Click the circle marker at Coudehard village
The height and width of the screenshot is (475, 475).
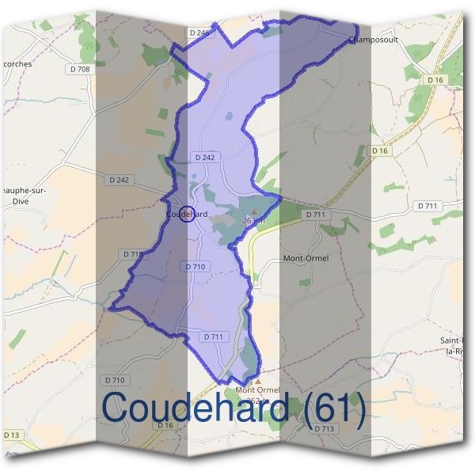tap(187, 214)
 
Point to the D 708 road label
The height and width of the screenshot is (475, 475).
tap(80, 70)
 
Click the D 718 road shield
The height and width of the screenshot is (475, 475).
tap(133, 254)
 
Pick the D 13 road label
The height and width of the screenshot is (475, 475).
tap(12, 435)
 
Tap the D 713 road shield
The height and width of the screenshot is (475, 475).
tap(324, 428)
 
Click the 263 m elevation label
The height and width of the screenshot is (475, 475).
tap(253, 220)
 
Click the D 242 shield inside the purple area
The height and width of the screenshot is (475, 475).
tap(204, 158)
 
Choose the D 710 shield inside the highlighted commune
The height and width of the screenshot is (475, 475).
tap(195, 267)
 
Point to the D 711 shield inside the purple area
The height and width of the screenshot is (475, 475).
tap(214, 336)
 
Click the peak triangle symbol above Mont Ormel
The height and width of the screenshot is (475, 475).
tap(256, 381)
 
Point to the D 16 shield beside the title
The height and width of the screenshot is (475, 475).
tap(165, 426)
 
